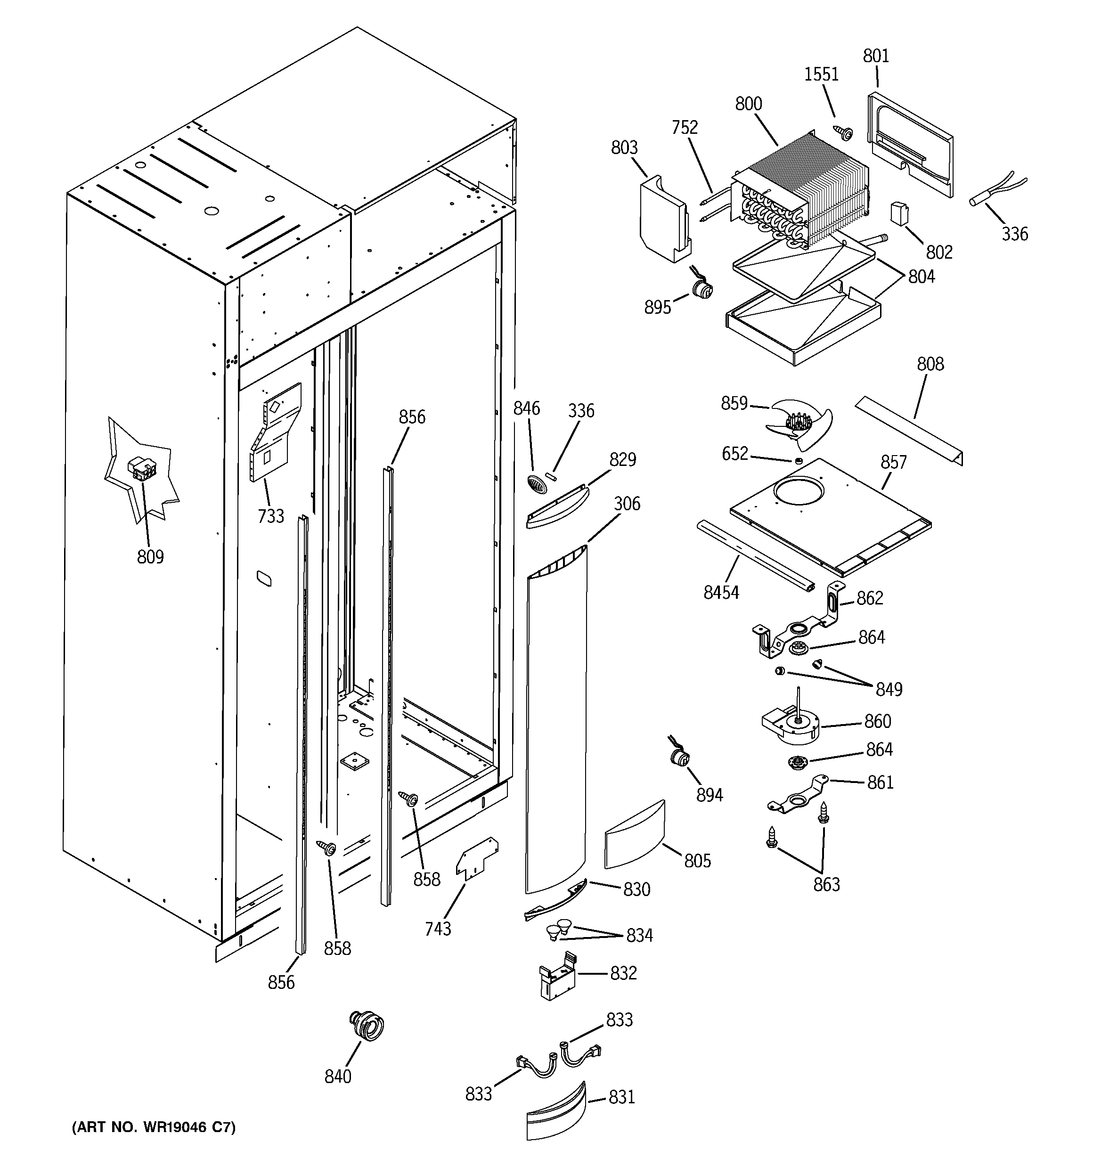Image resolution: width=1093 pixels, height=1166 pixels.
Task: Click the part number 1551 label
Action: pyautogui.click(x=821, y=74)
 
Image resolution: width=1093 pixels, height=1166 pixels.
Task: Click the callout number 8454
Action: pyautogui.click(x=721, y=593)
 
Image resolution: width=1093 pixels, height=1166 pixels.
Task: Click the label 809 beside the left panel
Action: pyautogui.click(x=150, y=556)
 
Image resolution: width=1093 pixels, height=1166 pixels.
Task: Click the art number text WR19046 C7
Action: pyautogui.click(x=154, y=1127)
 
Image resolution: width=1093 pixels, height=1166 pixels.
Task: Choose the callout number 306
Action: pyautogui.click(x=627, y=504)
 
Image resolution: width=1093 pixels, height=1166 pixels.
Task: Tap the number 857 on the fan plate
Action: pyautogui.click(x=893, y=462)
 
